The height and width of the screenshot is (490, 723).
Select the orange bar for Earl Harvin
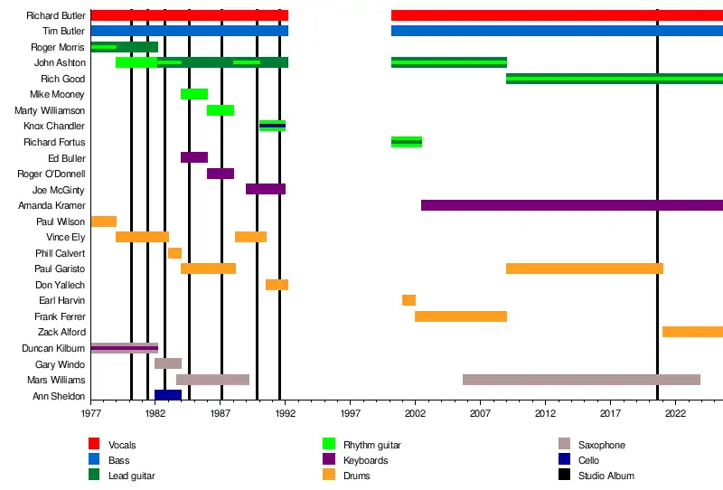(408, 300)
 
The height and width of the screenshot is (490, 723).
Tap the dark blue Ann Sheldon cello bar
(168, 395)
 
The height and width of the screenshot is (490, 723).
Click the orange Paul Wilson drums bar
(104, 221)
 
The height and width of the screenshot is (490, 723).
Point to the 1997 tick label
(351, 413)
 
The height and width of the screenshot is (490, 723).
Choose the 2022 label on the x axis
(675, 413)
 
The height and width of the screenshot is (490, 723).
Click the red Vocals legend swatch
(93, 445)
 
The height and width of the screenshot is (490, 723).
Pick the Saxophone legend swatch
(564, 445)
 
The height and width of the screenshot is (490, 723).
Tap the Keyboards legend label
(367, 460)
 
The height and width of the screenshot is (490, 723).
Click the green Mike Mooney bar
(194, 94)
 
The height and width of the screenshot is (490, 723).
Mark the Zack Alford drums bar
(692, 332)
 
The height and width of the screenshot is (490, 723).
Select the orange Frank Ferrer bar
(461, 316)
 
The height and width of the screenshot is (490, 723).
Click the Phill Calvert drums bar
(174, 253)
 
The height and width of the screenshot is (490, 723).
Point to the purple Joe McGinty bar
(266, 189)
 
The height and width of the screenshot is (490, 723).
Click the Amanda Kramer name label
(59, 205)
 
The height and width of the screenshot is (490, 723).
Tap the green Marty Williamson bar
(221, 110)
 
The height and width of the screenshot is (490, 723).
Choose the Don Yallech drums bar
(277, 285)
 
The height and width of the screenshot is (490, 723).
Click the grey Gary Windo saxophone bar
(168, 363)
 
